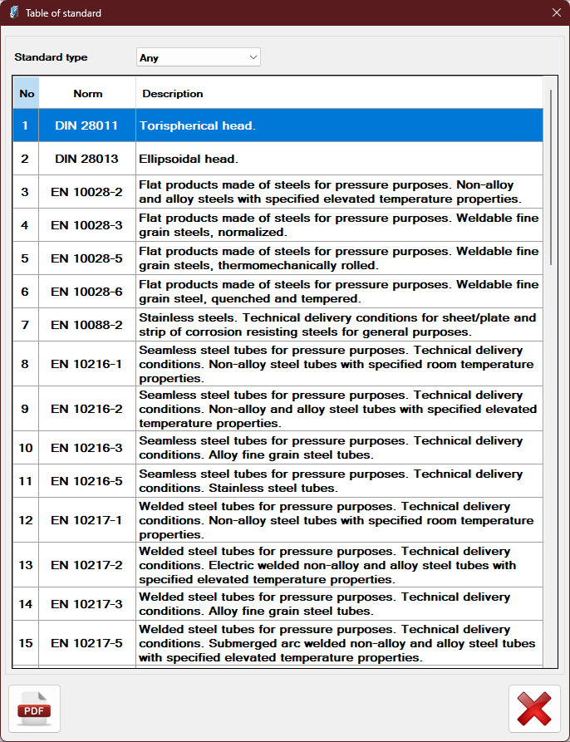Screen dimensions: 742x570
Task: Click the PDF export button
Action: click(x=34, y=709)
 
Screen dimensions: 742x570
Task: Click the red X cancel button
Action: click(x=533, y=709)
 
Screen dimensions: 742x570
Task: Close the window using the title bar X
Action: click(x=556, y=12)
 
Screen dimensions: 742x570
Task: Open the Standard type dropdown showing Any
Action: click(x=199, y=57)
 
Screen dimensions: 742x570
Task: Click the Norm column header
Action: click(x=87, y=94)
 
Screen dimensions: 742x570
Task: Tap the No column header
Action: click(x=27, y=94)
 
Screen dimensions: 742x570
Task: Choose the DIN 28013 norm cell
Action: click(x=87, y=159)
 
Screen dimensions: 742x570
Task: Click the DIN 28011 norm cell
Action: click(x=87, y=125)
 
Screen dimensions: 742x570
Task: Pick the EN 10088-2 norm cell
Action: click(x=87, y=325)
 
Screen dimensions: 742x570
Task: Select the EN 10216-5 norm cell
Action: click(x=87, y=481)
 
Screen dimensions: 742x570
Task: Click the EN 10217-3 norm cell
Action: click(x=87, y=604)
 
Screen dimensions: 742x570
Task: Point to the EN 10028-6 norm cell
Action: click(x=87, y=292)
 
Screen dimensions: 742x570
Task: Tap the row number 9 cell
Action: click(x=26, y=409)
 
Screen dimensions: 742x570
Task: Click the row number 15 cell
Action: click(x=26, y=643)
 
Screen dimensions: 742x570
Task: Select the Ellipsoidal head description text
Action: click(x=189, y=159)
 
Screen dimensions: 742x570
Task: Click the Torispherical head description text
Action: click(x=197, y=125)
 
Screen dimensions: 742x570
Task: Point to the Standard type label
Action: click(x=51, y=57)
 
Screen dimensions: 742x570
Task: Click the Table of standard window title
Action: click(x=63, y=12)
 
